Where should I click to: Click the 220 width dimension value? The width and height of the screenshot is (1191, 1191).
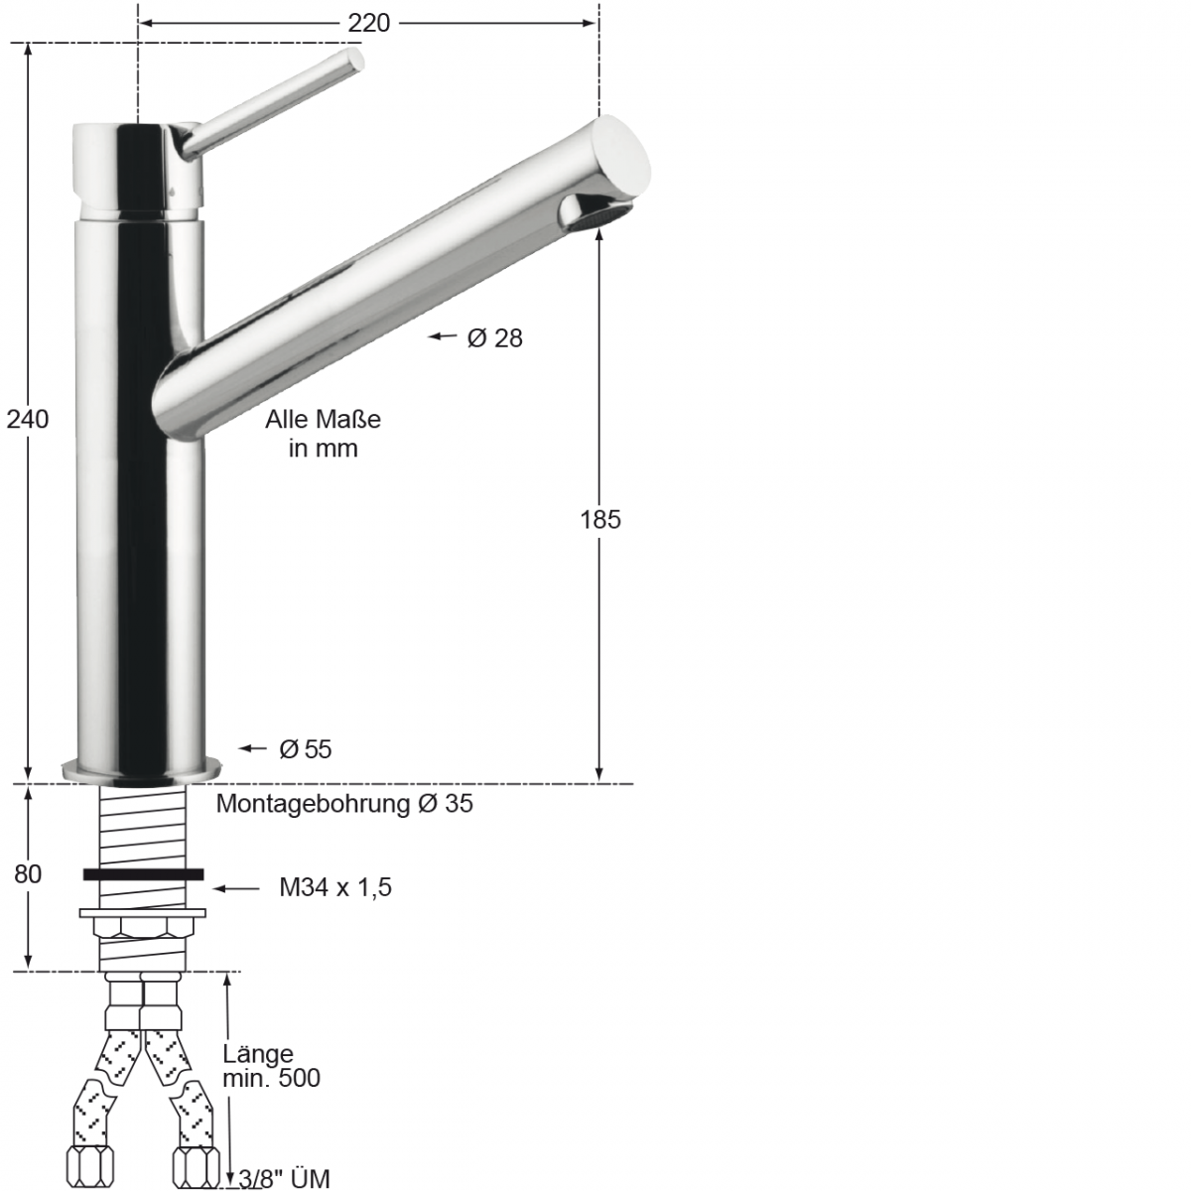point(368,23)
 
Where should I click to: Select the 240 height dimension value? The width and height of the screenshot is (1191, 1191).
point(28,419)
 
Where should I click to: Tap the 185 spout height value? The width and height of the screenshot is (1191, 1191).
point(599,518)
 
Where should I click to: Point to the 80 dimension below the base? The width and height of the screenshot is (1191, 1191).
point(28,874)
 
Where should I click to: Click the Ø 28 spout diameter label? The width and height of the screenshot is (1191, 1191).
point(494,338)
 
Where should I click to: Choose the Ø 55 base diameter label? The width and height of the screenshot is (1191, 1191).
point(305,749)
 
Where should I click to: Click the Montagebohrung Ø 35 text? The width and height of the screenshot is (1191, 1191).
point(344,804)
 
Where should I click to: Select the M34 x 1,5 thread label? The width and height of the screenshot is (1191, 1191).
point(334,887)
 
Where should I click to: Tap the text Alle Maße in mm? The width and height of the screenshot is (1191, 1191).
point(323,434)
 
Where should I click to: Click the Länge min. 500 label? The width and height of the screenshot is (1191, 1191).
point(271,1066)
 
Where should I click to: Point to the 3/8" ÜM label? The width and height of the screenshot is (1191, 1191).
point(284,1178)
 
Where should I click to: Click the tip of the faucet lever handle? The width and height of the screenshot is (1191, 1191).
point(354,60)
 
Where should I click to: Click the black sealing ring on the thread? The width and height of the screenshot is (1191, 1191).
point(144,874)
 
